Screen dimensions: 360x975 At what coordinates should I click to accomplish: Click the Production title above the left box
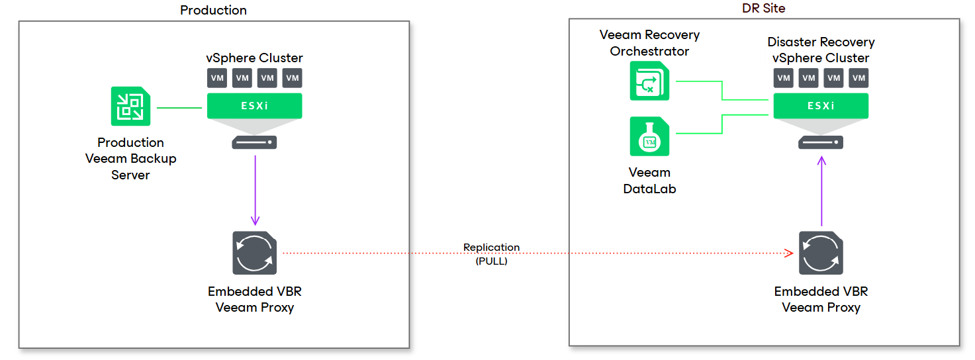[213, 10]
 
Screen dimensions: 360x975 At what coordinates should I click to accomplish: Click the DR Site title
[763, 8]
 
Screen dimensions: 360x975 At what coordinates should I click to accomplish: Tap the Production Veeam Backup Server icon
[130, 107]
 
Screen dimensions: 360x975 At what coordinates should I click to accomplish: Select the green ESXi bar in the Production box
[255, 106]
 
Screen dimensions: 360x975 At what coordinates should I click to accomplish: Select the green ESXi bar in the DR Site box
[821, 106]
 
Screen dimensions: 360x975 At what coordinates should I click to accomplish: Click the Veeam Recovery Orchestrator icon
[649, 81]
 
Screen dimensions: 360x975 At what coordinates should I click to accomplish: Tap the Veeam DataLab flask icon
[649, 136]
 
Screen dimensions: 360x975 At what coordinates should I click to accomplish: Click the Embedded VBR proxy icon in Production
[255, 253]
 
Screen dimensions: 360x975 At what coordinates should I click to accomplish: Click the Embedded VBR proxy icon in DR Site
[821, 253]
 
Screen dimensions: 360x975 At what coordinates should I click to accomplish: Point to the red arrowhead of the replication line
[789, 253]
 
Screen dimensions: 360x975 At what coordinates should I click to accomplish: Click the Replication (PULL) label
[491, 254]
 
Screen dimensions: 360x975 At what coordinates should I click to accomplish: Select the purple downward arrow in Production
[255, 192]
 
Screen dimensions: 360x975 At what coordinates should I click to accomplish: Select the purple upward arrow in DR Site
[821, 192]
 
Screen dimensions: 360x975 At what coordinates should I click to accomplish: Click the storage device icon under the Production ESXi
[255, 142]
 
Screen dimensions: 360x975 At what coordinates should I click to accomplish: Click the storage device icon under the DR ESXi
[821, 142]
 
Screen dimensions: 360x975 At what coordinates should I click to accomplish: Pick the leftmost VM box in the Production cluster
[217, 78]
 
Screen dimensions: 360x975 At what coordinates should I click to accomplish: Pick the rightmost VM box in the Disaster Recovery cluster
[859, 78]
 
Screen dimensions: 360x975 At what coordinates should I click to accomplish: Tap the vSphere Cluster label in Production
[255, 58]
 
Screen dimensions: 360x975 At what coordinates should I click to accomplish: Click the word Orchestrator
[649, 51]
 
